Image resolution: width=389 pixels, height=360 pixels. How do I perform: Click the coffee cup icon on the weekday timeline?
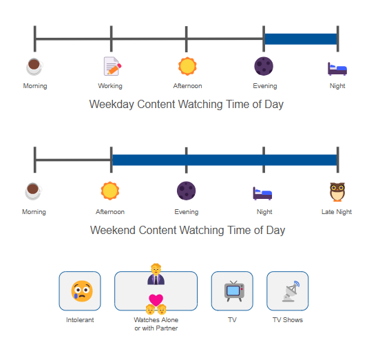pos(34,66)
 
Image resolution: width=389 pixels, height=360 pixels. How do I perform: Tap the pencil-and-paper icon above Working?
pos(112,66)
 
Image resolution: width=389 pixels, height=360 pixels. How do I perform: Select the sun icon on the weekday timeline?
pos(187,66)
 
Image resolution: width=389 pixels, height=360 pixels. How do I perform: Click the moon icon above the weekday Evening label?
pos(264,66)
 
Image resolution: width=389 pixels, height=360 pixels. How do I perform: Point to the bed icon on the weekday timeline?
pos(337,69)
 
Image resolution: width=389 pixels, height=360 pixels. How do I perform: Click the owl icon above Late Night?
pos(337,192)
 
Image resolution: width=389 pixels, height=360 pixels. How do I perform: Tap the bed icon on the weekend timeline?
pos(262,193)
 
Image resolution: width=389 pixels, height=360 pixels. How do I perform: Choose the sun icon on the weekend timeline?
pos(110,191)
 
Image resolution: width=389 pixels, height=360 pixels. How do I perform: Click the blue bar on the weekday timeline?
pos(301,39)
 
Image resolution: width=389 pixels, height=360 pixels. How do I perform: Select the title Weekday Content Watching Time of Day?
pos(187,104)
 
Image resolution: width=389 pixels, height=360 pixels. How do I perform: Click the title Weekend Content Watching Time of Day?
pos(187,230)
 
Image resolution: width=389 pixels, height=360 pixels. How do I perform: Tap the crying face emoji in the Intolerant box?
pos(82,291)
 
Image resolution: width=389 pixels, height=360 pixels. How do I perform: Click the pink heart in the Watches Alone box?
pos(156,300)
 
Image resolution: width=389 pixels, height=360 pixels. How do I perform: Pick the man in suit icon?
pos(156,274)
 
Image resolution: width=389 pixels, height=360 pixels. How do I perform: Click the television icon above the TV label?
pos(234,291)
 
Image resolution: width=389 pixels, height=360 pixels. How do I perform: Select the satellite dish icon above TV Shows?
pos(291,291)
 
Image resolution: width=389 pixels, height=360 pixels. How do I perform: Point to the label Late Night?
pos(337,212)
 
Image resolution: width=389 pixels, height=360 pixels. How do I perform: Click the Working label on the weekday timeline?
pos(110,86)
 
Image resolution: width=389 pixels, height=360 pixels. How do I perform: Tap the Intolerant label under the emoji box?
pos(80,320)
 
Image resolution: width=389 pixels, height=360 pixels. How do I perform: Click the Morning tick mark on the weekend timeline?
pos(35,160)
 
